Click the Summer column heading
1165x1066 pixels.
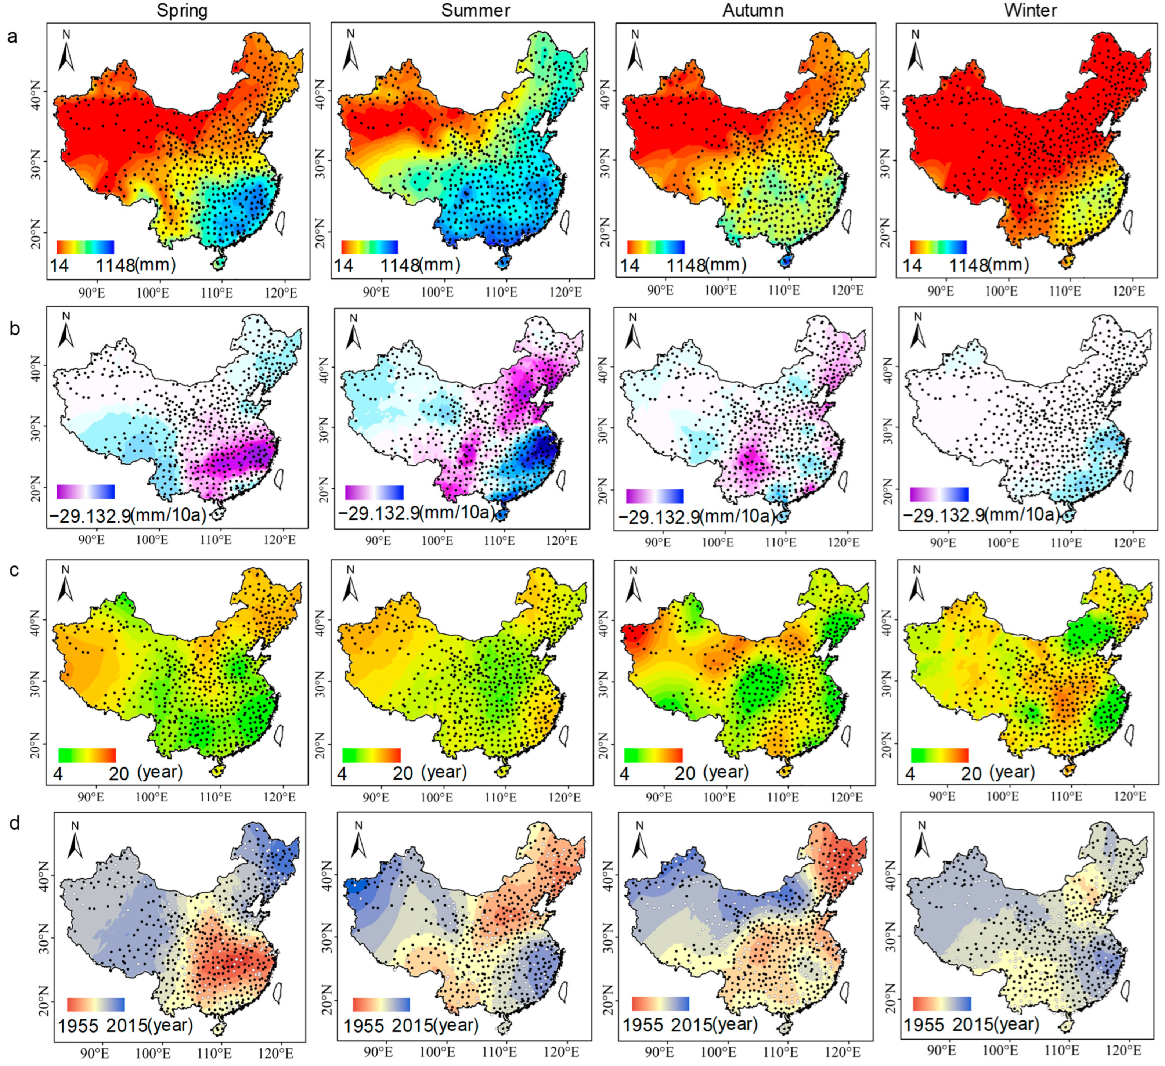click(x=476, y=10)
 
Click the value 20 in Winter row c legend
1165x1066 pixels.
click(x=972, y=773)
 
